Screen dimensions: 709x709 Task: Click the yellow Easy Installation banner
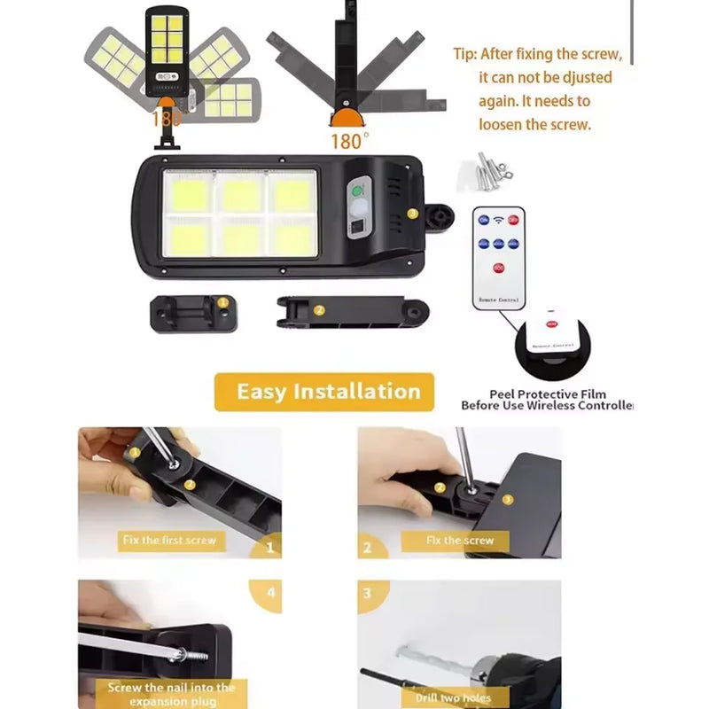coord(324,392)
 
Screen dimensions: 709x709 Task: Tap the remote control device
coord(499,258)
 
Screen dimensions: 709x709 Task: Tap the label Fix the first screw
coord(168,539)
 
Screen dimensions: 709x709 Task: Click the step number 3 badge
coord(368,592)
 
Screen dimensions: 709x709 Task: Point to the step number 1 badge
coord(270,548)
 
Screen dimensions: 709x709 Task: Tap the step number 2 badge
coord(368,548)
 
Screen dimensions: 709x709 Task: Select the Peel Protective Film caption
coord(547,400)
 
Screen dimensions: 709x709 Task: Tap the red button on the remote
coord(498,269)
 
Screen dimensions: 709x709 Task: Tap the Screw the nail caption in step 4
coord(171,693)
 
